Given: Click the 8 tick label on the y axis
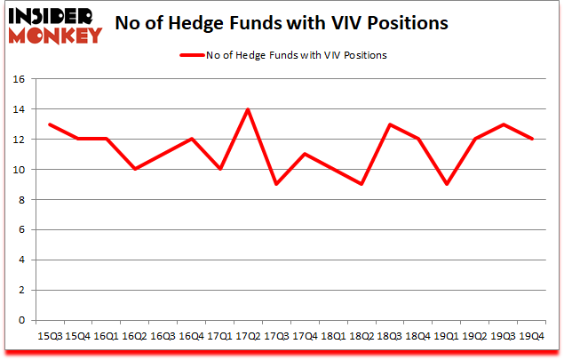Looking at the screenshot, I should (27, 200).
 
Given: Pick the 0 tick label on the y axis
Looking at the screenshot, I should (27, 320).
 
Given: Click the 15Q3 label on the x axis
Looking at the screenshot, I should (50, 335).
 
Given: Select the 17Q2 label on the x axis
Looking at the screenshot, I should (249, 335).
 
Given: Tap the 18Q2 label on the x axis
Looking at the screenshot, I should (362, 335).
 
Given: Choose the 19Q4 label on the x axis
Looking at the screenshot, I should (532, 335).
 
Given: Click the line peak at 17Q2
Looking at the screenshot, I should (249, 109).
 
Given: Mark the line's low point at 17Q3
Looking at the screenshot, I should (277, 184).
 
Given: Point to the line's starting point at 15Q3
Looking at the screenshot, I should (50, 124).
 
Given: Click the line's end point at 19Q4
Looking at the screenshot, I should (532, 139).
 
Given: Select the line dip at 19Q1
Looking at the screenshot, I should (447, 184).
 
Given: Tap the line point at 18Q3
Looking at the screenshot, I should (390, 124).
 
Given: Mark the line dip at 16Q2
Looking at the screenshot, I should (135, 169).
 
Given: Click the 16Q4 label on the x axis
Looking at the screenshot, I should (192, 335).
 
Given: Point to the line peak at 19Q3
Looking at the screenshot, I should (504, 124).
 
